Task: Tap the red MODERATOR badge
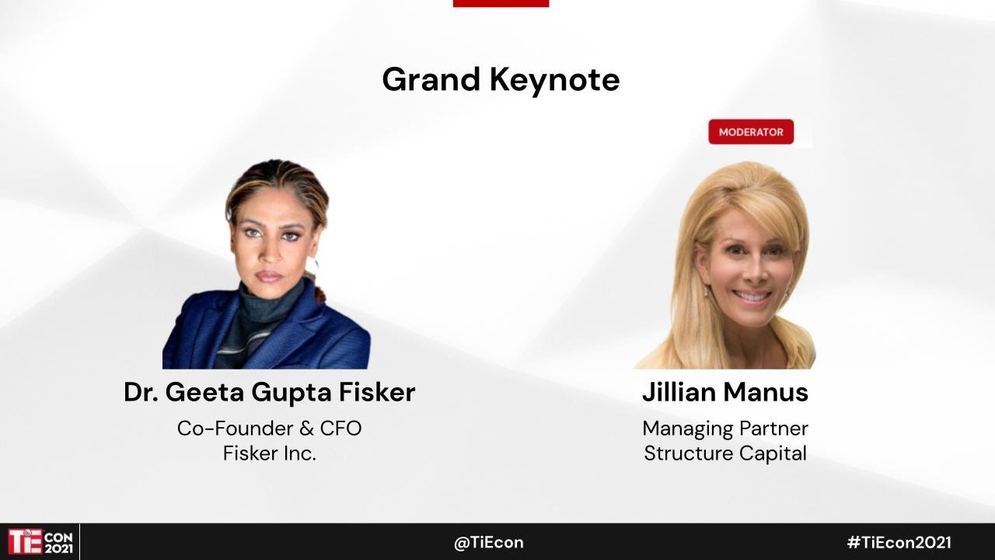pyautogui.click(x=751, y=132)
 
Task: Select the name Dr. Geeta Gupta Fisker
pyautogui.click(x=269, y=393)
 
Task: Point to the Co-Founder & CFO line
pyautogui.click(x=269, y=429)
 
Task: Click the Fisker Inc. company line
pyautogui.click(x=269, y=453)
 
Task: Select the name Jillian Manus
pyautogui.click(x=725, y=393)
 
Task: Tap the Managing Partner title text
pyautogui.click(x=725, y=429)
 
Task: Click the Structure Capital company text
pyautogui.click(x=725, y=453)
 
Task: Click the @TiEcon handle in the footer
pyautogui.click(x=488, y=543)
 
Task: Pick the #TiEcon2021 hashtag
pyautogui.click(x=899, y=543)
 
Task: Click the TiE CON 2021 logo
pyautogui.click(x=40, y=541)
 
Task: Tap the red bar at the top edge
pyautogui.click(x=501, y=3)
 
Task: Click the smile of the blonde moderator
pyautogui.click(x=752, y=296)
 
